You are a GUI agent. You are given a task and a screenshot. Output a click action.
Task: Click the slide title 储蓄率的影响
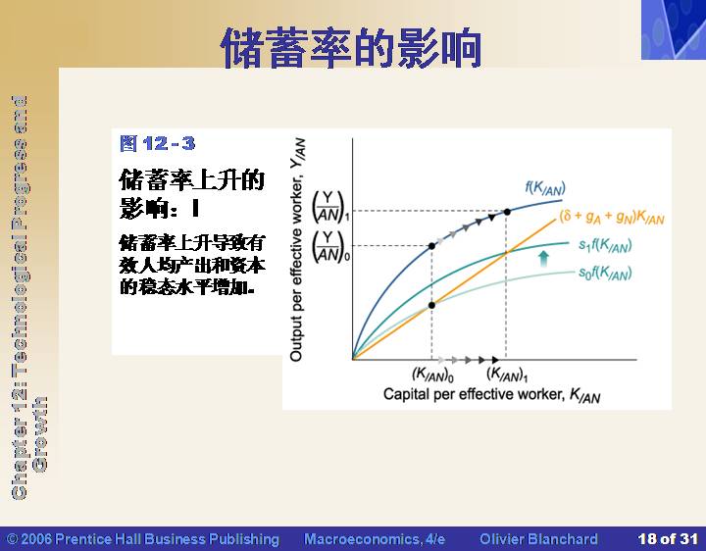(x=351, y=48)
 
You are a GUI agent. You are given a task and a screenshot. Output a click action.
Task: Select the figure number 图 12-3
(x=158, y=143)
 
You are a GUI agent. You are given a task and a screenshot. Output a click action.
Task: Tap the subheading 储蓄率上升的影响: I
(x=192, y=193)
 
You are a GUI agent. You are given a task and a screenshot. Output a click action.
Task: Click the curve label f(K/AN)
(x=545, y=187)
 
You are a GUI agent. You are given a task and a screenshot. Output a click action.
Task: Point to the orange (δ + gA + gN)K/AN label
(x=612, y=217)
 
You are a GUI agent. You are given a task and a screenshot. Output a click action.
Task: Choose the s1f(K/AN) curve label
(x=605, y=245)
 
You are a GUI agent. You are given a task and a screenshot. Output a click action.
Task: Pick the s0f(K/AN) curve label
(x=605, y=273)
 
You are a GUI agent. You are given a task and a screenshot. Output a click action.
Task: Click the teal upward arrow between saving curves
(x=544, y=259)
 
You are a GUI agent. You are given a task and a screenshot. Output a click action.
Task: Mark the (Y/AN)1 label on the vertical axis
(x=330, y=207)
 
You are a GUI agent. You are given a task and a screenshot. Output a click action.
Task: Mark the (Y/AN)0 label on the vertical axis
(x=330, y=246)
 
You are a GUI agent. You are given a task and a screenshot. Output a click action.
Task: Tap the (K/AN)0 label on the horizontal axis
(x=432, y=375)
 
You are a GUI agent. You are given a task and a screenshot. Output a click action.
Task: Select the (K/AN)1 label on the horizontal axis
(x=507, y=375)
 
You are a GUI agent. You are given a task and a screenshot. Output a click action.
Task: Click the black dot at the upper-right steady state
(x=507, y=212)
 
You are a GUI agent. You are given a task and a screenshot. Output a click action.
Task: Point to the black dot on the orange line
(x=431, y=305)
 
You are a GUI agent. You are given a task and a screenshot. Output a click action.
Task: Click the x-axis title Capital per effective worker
(x=474, y=394)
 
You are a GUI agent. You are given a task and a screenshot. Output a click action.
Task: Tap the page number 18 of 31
(x=668, y=539)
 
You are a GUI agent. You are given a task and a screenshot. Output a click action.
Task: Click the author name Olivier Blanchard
(x=539, y=539)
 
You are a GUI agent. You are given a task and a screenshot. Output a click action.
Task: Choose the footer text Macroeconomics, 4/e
(x=375, y=539)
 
